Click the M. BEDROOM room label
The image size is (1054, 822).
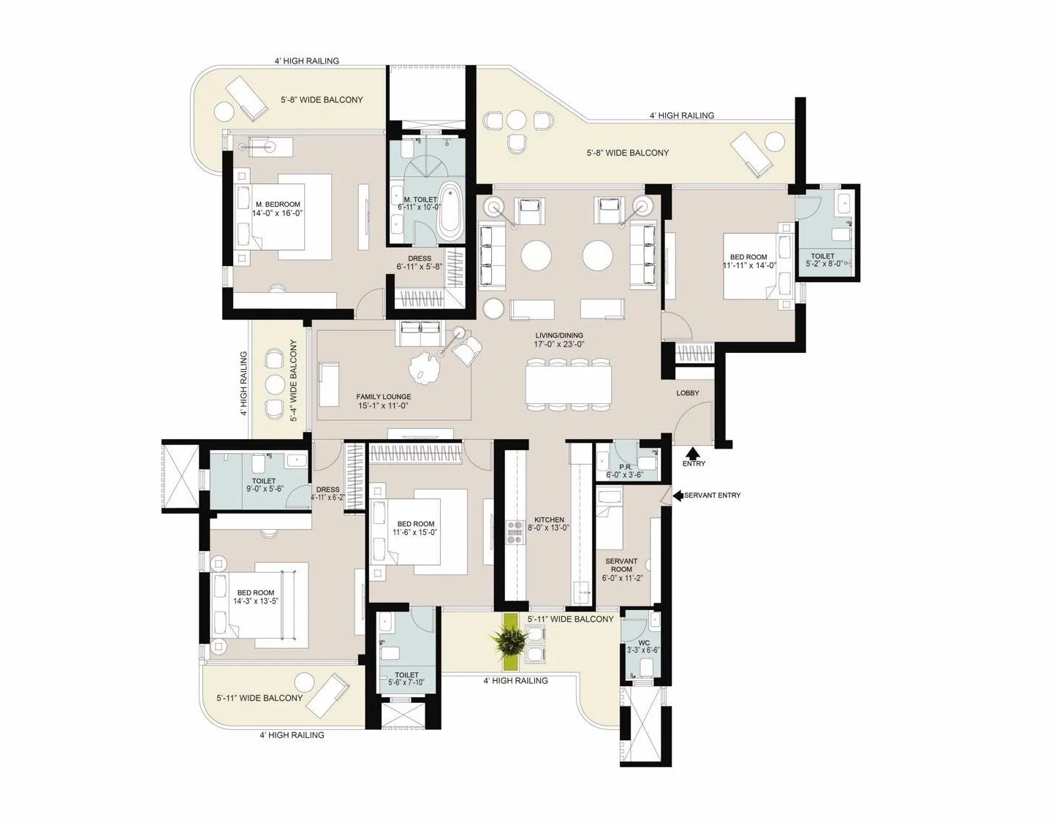(x=278, y=204)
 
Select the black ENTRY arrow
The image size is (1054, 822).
(x=693, y=452)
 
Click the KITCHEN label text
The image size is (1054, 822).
(x=549, y=520)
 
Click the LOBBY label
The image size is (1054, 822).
(x=687, y=393)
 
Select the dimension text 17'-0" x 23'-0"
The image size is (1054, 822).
(x=558, y=344)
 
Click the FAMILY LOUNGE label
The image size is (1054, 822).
(x=383, y=397)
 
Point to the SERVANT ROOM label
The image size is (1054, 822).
(x=621, y=565)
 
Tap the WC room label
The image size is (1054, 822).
(x=644, y=643)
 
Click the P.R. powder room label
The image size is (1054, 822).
(x=625, y=467)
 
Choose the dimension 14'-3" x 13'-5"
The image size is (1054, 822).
(x=256, y=601)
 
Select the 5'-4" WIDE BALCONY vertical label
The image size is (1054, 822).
(x=293, y=381)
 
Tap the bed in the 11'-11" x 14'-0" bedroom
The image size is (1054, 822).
(x=758, y=266)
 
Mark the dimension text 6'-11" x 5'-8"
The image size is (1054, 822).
(x=420, y=267)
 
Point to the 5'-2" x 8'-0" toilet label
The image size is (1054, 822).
(x=824, y=265)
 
